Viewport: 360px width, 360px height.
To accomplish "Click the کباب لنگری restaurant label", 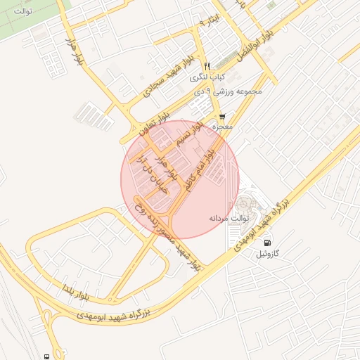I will tap(209, 75).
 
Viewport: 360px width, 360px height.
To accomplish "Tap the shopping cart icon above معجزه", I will tap(222, 117).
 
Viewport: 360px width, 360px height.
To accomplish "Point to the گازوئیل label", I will tap(268, 252).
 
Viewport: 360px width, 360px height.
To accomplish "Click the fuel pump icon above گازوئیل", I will tap(268, 243).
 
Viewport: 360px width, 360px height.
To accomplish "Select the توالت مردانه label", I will tap(226, 218).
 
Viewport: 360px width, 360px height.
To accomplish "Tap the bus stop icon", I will tap(46, 356).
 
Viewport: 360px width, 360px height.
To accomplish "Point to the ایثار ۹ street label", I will tap(210, 23).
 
